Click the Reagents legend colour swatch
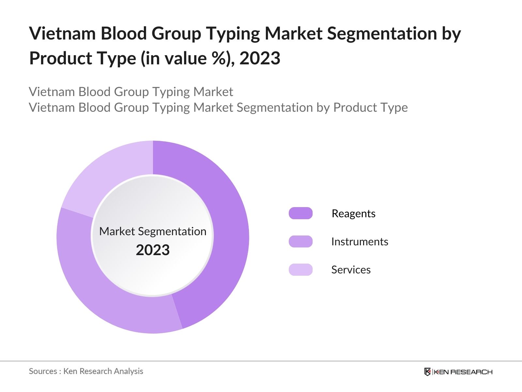pyautogui.click(x=300, y=213)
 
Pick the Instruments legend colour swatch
pyautogui.click(x=300, y=241)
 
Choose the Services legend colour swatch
pyautogui.click(x=300, y=269)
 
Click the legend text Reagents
pyautogui.click(x=353, y=213)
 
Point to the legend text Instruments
pyautogui.click(x=360, y=241)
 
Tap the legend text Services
pyautogui.click(x=351, y=269)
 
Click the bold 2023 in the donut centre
pyautogui.click(x=153, y=250)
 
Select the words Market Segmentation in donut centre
pyautogui.click(x=153, y=231)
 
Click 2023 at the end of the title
pyautogui.click(x=260, y=58)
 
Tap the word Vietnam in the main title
pyautogui.click(x=62, y=33)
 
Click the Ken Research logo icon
pyautogui.click(x=427, y=372)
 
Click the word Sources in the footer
pyautogui.click(x=43, y=371)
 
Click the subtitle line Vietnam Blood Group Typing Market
pyautogui.click(x=131, y=92)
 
